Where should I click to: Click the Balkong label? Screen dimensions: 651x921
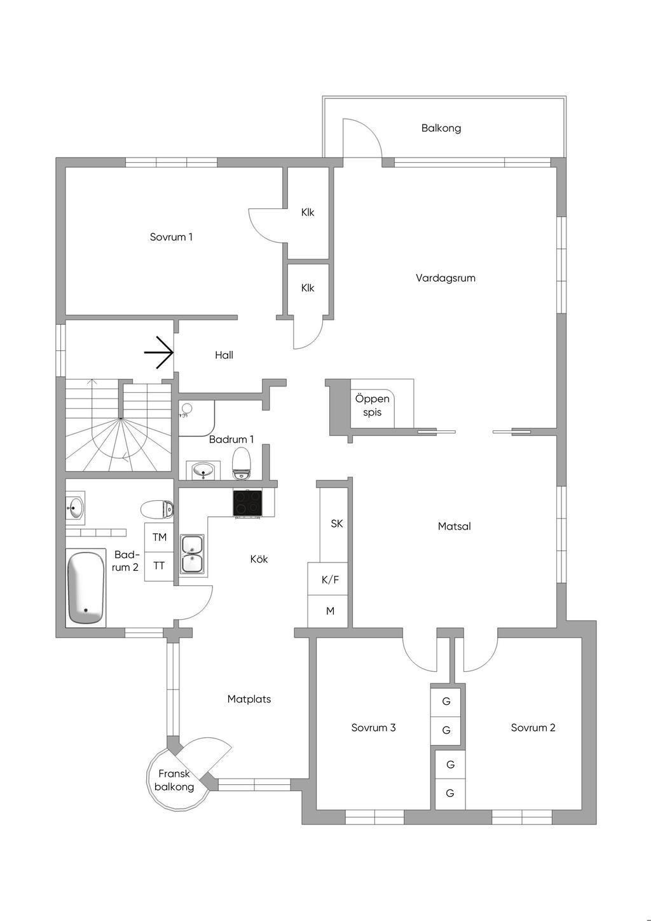pos(441,128)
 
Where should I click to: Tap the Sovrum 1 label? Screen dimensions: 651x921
pos(171,237)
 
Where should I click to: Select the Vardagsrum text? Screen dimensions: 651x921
pos(446,278)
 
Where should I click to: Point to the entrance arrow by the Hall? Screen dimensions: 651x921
pos(158,352)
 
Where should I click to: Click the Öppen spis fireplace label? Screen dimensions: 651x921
pos(372,406)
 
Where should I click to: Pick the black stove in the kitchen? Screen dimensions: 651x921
pos(247,503)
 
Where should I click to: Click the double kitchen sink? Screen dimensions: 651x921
pos(191,554)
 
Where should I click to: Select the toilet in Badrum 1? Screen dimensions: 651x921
pos(241,463)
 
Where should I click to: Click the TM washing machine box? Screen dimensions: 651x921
pos(159,537)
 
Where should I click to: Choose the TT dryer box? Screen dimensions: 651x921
pos(159,566)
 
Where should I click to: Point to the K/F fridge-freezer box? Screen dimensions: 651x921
pos(330,580)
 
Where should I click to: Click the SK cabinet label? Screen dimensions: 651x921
pos(337,523)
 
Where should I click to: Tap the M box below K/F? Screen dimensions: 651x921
pos(330,611)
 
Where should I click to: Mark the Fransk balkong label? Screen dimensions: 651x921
pos(174,780)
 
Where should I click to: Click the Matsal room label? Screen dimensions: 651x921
pos(454,526)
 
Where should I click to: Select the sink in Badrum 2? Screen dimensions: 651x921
pos(75,508)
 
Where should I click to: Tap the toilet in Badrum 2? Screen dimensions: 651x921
pos(157,509)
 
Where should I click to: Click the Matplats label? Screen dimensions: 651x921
pos(249,699)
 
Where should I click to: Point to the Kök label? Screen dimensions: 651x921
pos(259,559)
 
